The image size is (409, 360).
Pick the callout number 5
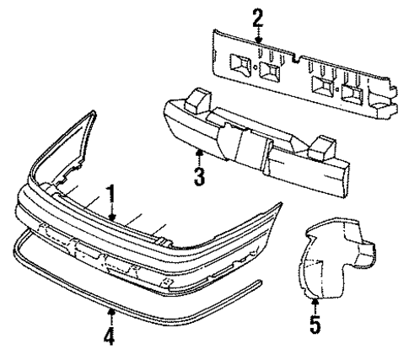tap(314, 324)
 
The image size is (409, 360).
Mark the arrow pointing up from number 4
tap(110, 315)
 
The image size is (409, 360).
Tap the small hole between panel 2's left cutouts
tap(254, 68)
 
